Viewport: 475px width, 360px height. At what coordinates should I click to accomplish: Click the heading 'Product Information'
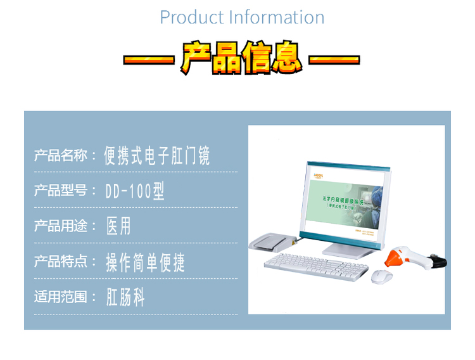point(242,17)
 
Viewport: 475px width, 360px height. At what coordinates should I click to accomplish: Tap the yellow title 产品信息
point(241,58)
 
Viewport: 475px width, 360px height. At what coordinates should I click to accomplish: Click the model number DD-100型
point(136,191)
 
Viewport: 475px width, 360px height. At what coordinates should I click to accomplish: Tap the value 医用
point(119,226)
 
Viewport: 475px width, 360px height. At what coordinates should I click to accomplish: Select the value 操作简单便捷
point(146,262)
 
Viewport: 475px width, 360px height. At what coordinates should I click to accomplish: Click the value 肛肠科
point(125,297)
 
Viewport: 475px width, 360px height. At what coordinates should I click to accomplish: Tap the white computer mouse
point(381,276)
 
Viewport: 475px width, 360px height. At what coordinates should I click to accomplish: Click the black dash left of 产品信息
point(148,61)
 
